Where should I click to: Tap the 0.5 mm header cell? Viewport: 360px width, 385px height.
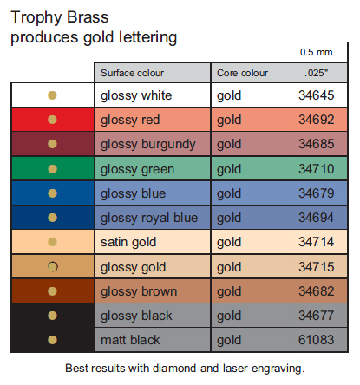coord(316,52)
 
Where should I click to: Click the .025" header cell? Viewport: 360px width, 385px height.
coord(316,73)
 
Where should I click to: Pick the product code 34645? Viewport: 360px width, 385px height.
coord(317,95)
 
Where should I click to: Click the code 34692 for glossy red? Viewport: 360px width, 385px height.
coord(317,120)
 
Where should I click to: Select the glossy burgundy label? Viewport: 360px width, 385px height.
coord(148,144)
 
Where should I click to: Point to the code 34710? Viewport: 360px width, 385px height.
coord(317,169)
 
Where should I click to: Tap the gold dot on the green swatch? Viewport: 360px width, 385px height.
coord(52,169)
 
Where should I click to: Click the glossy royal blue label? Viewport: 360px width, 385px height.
coord(149,218)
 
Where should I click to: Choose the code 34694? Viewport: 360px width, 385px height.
coord(317,218)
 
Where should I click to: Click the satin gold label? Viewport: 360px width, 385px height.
coord(128,242)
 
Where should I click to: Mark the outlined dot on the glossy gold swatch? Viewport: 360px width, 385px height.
coord(52,267)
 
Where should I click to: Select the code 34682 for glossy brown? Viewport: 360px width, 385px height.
coord(317,291)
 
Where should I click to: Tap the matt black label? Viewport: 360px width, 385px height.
coord(130,340)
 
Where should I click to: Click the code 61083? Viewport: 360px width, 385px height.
coord(317,340)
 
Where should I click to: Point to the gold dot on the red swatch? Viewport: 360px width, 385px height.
coord(52,120)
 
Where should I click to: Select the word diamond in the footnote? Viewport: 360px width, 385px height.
coord(175,369)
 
